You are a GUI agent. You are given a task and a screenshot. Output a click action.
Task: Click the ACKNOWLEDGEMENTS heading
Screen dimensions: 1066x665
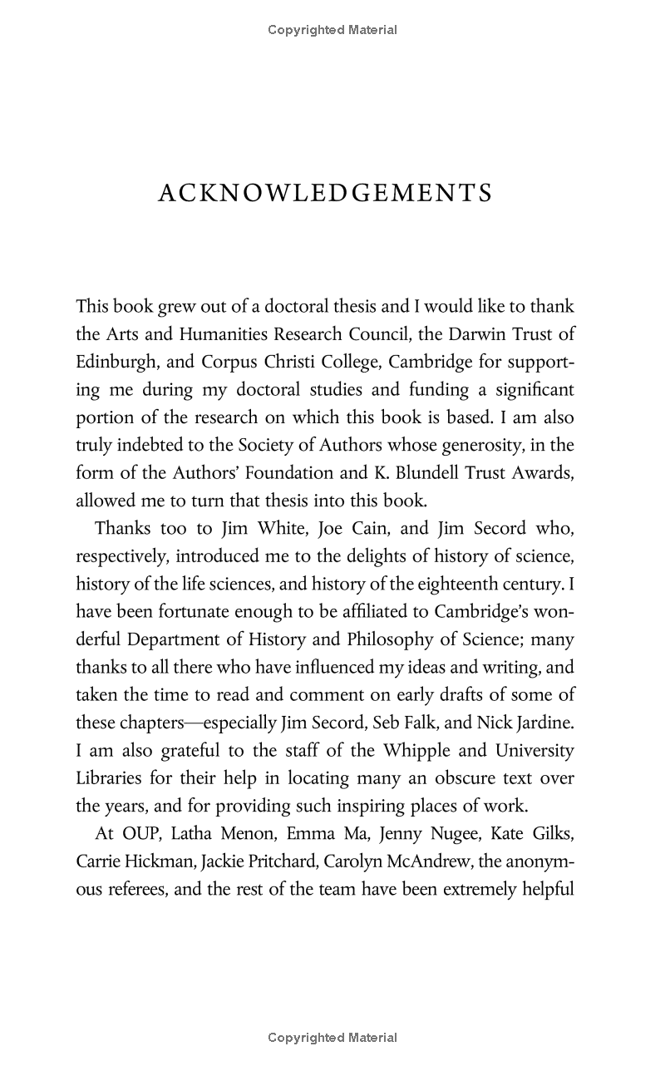click(x=325, y=193)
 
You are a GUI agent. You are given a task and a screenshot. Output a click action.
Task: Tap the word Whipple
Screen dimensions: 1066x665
click(x=416, y=751)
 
